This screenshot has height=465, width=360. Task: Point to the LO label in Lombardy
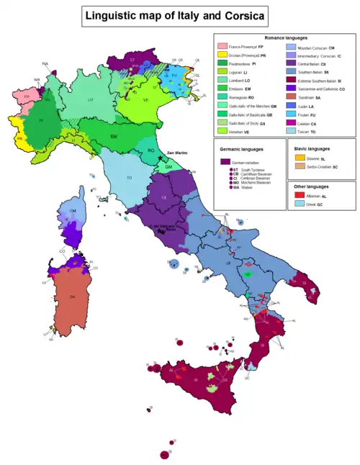point(91,100)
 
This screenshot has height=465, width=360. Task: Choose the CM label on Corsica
point(73,209)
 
